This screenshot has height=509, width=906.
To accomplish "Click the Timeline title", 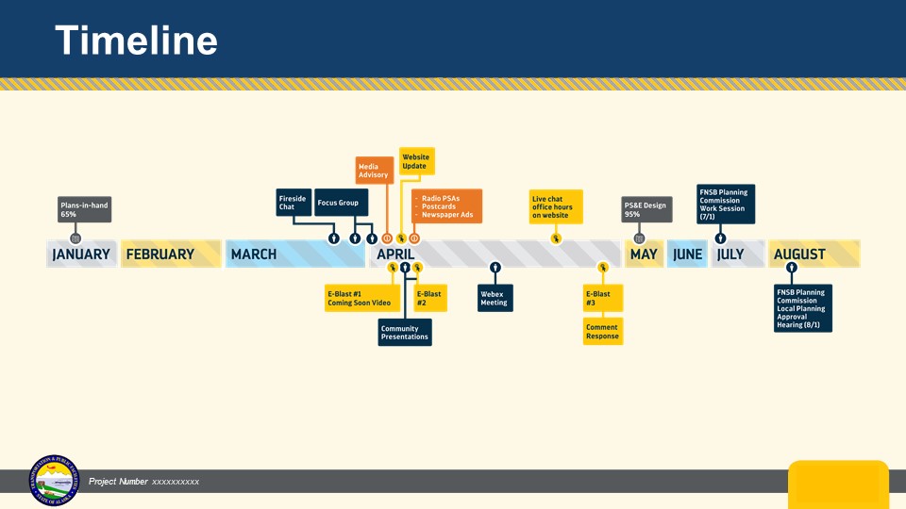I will pyautogui.click(x=136, y=41).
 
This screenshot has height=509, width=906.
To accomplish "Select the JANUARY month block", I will pyautogui.click(x=82, y=254).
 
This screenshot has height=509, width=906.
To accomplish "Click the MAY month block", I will pyautogui.click(x=644, y=254).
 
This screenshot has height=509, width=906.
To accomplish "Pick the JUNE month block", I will pyautogui.click(x=687, y=254).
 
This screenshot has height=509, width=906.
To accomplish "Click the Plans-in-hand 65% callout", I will pyautogui.click(x=85, y=209).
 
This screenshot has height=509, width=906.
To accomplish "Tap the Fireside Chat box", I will pyautogui.click(x=293, y=203).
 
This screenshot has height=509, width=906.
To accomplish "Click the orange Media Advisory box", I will pyautogui.click(x=375, y=170).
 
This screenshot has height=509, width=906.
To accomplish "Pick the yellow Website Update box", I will pyautogui.click(x=416, y=161).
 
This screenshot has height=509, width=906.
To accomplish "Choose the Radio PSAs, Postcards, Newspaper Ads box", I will pyautogui.click(x=446, y=206).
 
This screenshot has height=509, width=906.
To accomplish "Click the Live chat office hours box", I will pyautogui.click(x=555, y=206).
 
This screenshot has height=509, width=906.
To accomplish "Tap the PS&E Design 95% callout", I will pyautogui.click(x=646, y=209).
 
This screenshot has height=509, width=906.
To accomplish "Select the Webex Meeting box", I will pyautogui.click(x=495, y=298).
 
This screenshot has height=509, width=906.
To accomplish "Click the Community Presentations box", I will pyautogui.click(x=405, y=333).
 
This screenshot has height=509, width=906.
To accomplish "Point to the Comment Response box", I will pyautogui.click(x=602, y=332).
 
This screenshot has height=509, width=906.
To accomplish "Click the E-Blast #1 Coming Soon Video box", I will pyautogui.click(x=358, y=298).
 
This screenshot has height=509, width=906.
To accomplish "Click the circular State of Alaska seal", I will pyautogui.click(x=54, y=481).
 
